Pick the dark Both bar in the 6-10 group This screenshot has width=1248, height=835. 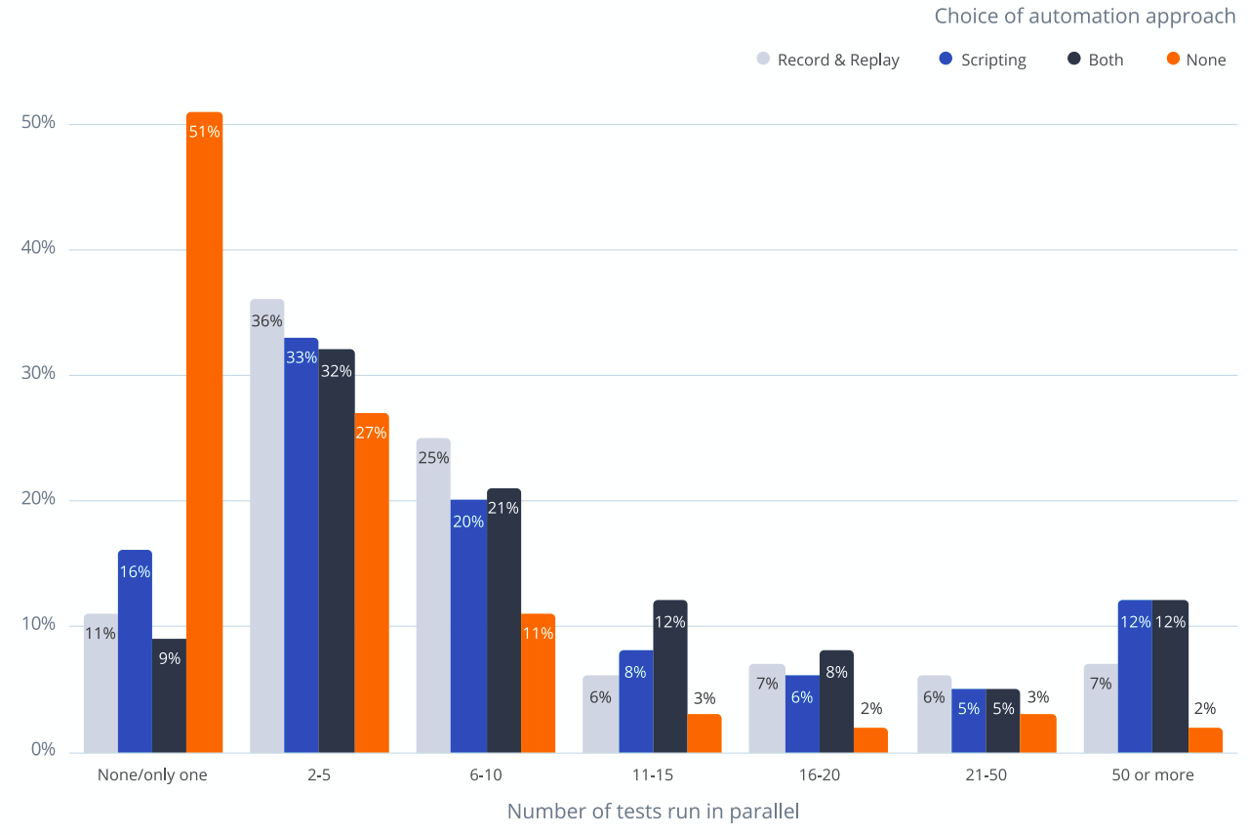[x=503, y=620]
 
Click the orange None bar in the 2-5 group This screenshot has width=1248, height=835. [x=371, y=582]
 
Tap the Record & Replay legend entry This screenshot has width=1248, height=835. [x=828, y=60]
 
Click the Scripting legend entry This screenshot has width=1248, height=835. [x=983, y=60]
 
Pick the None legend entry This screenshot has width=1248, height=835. [x=1196, y=60]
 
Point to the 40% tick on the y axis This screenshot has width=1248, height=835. [x=38, y=249]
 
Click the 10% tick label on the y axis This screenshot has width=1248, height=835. [x=38, y=625]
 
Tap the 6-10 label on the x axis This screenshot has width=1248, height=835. [x=485, y=776]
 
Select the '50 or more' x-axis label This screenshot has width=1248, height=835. [x=1152, y=776]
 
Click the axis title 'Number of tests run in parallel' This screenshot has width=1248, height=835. [x=653, y=812]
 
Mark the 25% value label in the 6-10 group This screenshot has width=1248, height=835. [x=433, y=458]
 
